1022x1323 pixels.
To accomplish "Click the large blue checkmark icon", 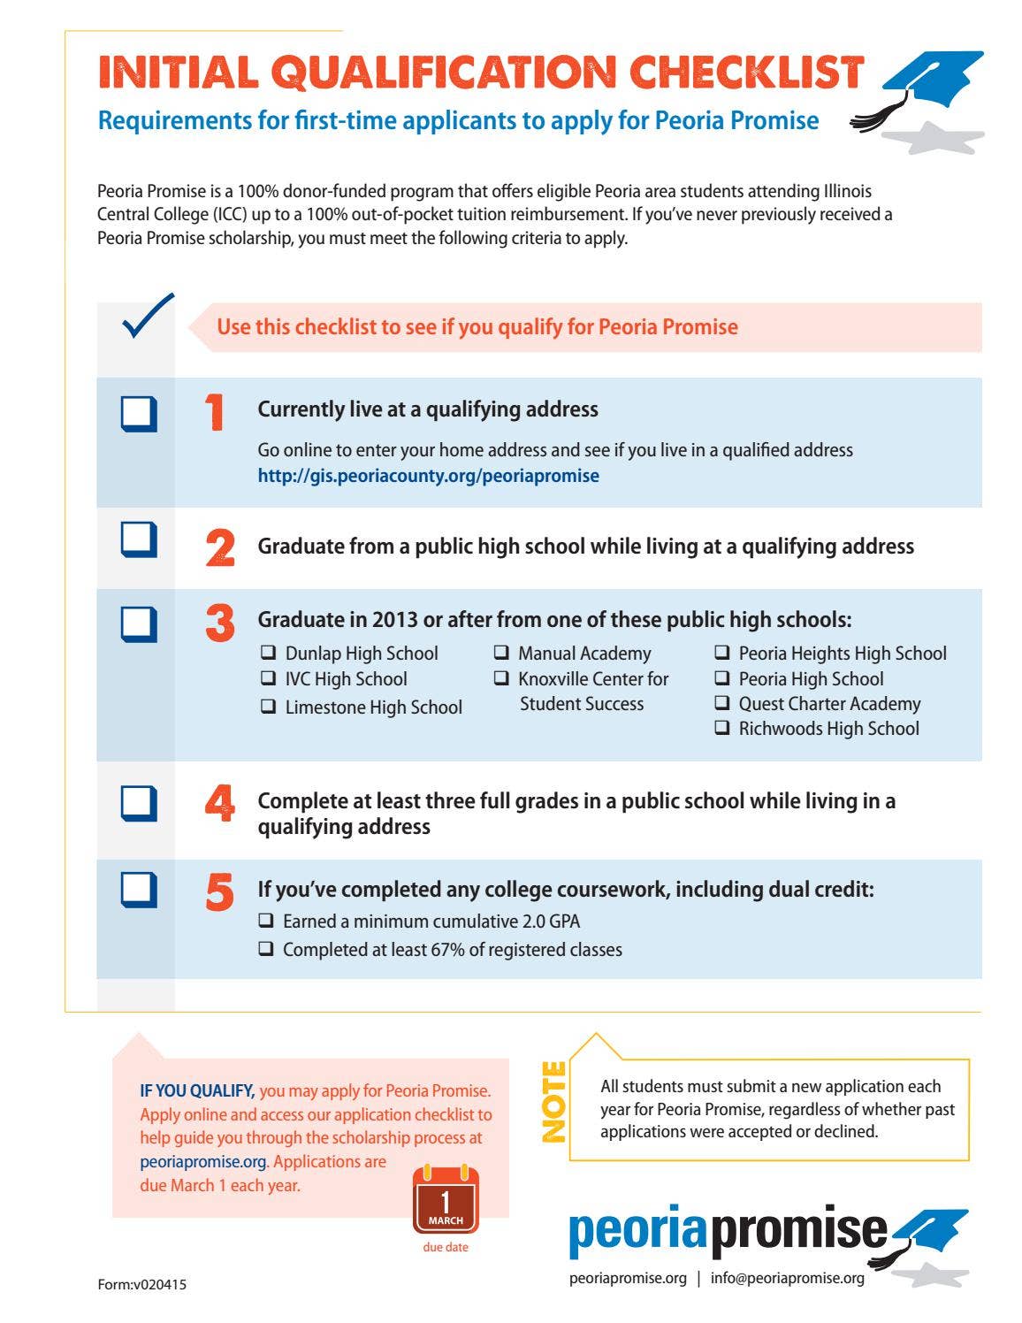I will click(148, 316).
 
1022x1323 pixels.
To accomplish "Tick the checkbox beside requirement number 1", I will click(139, 414).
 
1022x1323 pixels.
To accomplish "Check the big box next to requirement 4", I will click(139, 804).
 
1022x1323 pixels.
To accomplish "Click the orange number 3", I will click(220, 623).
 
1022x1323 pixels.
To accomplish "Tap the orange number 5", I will click(220, 892).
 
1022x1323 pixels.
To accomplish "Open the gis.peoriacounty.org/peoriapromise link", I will click(428, 476).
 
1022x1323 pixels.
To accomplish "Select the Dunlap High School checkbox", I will click(268, 654).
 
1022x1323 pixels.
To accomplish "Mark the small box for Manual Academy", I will click(501, 654).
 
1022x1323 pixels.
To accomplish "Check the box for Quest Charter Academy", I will click(722, 704).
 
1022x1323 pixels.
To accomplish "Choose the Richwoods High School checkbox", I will click(722, 729).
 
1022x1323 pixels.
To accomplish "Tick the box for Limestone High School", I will click(268, 707).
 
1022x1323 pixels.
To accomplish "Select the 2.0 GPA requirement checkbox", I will click(266, 921).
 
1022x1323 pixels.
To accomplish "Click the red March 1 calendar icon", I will click(446, 1200).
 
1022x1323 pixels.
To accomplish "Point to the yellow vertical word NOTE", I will click(553, 1101).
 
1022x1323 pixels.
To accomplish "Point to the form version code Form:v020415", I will click(141, 1284).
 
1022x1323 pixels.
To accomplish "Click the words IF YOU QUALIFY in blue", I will click(197, 1091).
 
